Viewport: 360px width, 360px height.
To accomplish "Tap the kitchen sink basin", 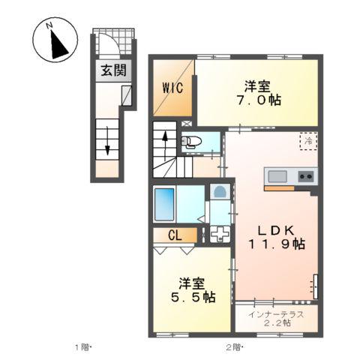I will pyautogui.click(x=277, y=177).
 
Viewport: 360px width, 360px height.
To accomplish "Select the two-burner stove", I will pyautogui.click(x=306, y=177).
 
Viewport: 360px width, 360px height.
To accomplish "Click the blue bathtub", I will pyautogui.click(x=164, y=202).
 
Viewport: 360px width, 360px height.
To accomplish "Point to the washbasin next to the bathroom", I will pyautogui.click(x=219, y=192).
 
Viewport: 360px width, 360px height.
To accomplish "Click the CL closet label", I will pyautogui.click(x=175, y=235).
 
